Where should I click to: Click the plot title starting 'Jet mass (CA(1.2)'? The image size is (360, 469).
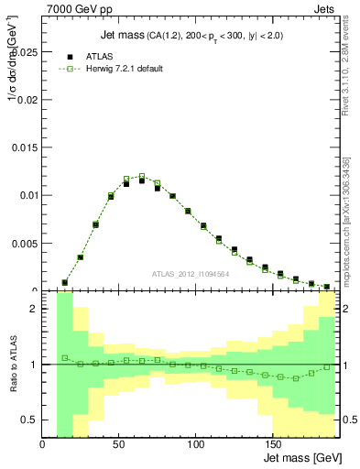coord(191,36)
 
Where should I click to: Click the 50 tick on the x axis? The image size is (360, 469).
coord(119,444)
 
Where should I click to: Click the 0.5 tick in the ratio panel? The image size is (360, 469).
coord(30,420)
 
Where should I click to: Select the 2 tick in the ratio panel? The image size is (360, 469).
coord(34,309)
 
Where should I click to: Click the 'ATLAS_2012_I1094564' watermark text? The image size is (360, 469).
coord(191,273)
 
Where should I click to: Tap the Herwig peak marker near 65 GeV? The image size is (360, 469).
coord(142,176)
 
